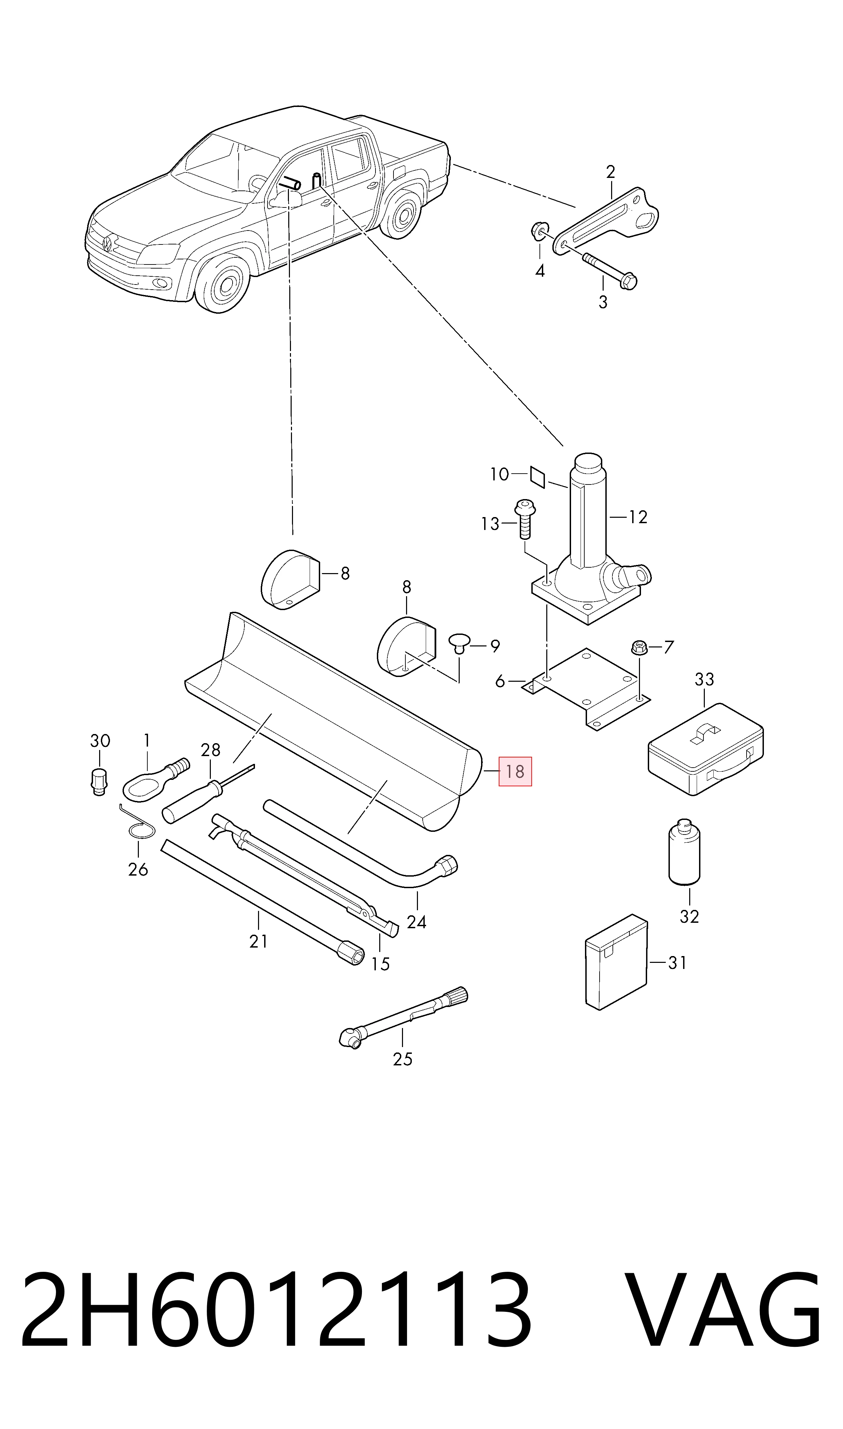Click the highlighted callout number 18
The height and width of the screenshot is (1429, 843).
[x=515, y=771]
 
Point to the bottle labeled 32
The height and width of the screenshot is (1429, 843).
[x=684, y=851]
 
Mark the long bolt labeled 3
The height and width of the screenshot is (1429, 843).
[x=609, y=271]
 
